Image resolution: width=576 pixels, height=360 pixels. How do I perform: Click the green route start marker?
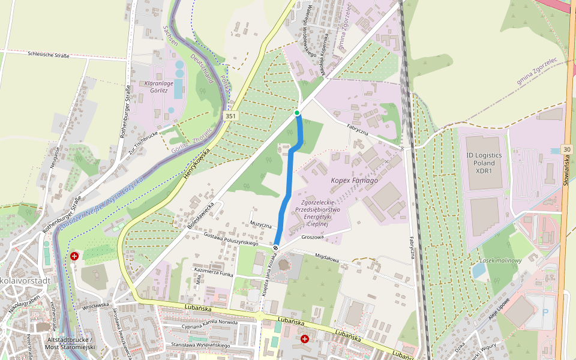[297, 113]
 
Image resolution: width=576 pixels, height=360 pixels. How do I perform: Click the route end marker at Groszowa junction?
[276, 248]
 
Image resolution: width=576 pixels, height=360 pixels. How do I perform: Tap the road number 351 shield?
[230, 115]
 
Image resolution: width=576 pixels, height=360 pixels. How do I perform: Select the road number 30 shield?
[567, 149]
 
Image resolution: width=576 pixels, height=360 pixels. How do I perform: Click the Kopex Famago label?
[354, 180]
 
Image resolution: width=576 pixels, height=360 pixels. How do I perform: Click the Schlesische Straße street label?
[49, 55]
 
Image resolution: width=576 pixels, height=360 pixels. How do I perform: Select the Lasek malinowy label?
[500, 260]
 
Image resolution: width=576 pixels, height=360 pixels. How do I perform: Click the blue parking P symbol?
[545, 313]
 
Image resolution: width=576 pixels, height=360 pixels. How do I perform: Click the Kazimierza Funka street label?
[213, 272]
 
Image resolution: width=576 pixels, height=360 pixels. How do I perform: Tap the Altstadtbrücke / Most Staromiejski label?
[70, 344]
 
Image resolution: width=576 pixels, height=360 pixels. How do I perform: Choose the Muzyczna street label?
[261, 224]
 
